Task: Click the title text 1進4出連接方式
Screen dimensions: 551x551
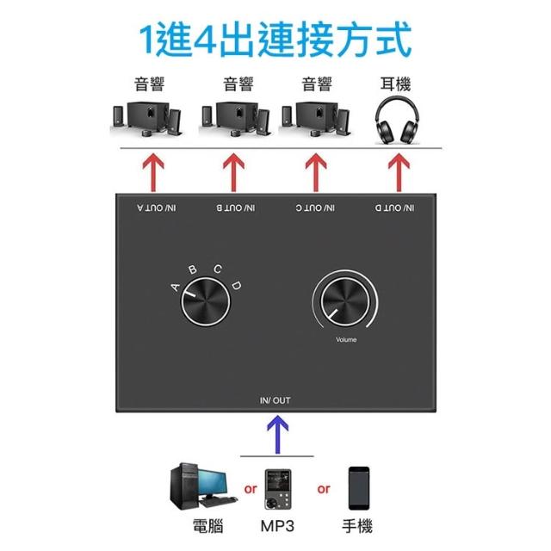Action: (275, 39)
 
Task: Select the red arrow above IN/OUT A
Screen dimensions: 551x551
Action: (152, 171)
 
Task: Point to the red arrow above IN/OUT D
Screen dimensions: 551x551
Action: (397, 171)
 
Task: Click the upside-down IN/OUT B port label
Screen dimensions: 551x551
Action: (235, 208)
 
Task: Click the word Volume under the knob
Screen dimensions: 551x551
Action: (345, 340)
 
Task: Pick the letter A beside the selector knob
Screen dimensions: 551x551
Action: (175, 287)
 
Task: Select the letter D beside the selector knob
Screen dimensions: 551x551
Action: (237, 285)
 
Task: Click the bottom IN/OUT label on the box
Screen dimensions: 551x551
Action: (275, 400)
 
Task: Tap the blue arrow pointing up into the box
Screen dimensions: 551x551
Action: (275, 434)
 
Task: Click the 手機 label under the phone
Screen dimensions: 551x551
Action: (359, 528)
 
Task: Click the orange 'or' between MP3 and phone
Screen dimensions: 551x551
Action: (324, 489)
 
